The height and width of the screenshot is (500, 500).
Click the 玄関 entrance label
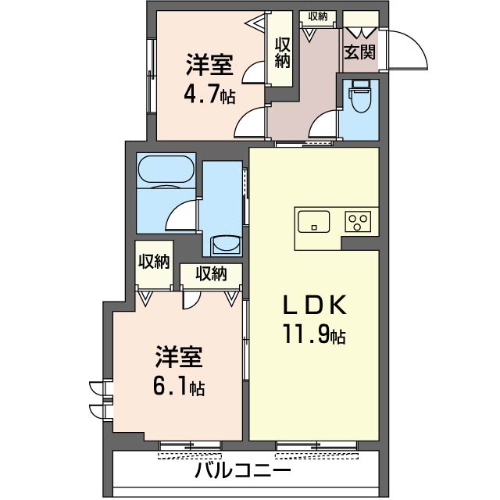359,52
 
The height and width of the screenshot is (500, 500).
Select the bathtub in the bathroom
165,171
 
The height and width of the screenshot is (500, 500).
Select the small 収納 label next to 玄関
317,16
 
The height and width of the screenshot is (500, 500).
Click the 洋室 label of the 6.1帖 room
179,358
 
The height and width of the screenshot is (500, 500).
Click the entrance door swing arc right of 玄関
406,51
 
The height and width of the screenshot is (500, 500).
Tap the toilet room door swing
324,125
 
